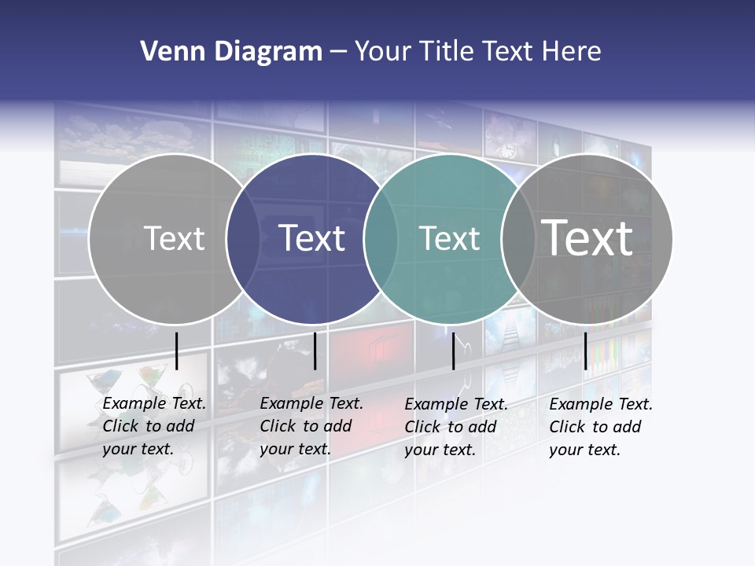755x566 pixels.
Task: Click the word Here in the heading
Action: [x=572, y=52]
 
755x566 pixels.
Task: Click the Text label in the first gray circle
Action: [x=174, y=238]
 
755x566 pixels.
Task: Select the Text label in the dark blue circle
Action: [x=312, y=238]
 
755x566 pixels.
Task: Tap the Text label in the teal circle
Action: [x=449, y=238]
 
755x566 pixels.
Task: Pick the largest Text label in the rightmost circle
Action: [x=587, y=237]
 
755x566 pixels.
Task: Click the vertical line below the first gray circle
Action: [x=176, y=351]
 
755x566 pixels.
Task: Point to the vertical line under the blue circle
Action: [x=315, y=351]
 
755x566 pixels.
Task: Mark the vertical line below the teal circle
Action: [x=453, y=351]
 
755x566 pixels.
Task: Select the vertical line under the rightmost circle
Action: [x=585, y=351]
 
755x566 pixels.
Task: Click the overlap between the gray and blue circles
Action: [x=239, y=238]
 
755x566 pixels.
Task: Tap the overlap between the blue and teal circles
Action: [x=377, y=238]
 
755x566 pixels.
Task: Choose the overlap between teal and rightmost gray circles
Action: [x=515, y=238]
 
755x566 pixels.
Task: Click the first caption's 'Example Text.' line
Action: [x=154, y=403]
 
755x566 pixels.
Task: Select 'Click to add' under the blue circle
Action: [x=305, y=426]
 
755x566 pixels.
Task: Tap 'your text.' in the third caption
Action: [x=440, y=450]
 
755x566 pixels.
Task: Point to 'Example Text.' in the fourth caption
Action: [x=601, y=404]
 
